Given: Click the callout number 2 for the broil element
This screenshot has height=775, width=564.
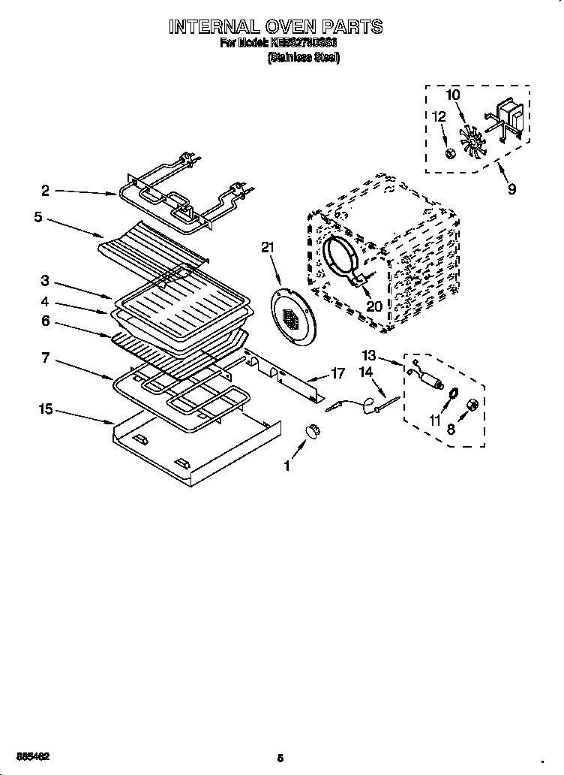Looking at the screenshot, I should coord(46,191).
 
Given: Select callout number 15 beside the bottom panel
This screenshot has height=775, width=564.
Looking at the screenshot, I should coord(46,410).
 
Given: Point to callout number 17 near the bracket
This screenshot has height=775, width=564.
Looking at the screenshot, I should coord(338,372).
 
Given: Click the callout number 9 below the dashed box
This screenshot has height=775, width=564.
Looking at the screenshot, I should coord(511,189).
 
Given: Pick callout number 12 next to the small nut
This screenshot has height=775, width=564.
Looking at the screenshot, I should coord(439,116).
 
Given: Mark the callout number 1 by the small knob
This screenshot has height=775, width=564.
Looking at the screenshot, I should coord(286,466).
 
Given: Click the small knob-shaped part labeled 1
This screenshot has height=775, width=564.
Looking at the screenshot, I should coord(312,431).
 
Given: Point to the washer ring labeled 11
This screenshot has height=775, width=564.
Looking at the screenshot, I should coord(454,394).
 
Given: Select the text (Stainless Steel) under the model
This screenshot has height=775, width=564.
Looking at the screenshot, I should coord(304,59).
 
